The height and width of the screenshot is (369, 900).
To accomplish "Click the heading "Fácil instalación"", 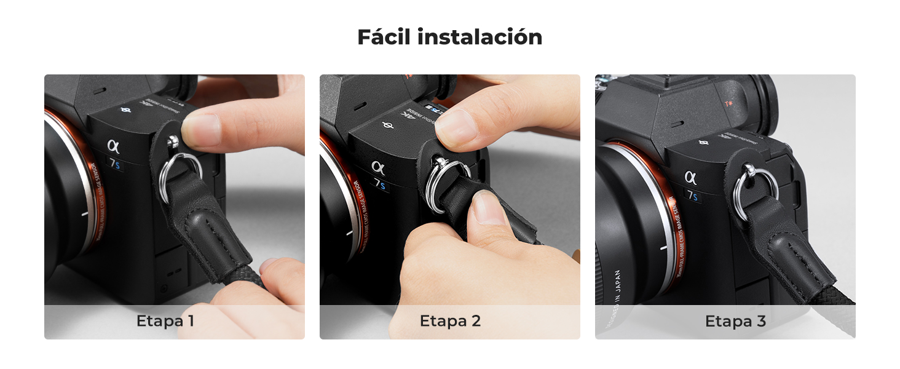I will click(450, 38).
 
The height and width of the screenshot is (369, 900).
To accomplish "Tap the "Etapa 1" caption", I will click(165, 321).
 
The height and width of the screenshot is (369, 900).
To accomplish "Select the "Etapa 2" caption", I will click(450, 321).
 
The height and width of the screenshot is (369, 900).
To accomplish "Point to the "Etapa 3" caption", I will click(735, 321).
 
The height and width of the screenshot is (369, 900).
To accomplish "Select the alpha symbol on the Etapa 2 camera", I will click(377, 167).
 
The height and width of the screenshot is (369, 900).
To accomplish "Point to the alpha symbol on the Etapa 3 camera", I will click(691, 177).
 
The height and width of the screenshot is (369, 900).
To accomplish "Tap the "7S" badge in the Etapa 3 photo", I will click(693, 196).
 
